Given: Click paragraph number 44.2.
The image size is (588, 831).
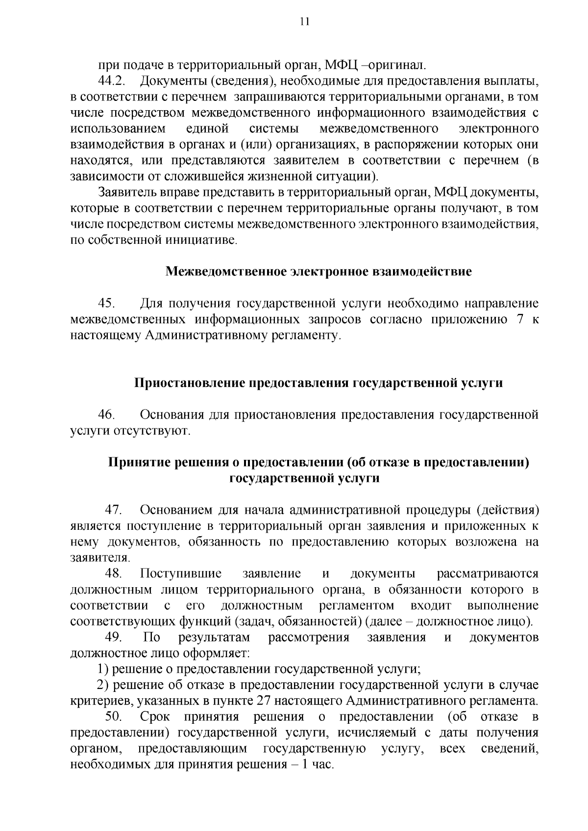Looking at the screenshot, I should [110, 81].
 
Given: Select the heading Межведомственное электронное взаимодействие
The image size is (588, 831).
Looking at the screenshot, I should [318, 272].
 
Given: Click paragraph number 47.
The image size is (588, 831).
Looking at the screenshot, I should [113, 510].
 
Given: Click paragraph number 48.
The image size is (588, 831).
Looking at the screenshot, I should [113, 574].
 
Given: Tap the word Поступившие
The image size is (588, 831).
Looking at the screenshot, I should [181, 574].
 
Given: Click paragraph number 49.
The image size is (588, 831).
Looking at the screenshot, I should [113, 638].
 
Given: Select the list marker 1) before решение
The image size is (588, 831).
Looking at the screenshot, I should [102, 669].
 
